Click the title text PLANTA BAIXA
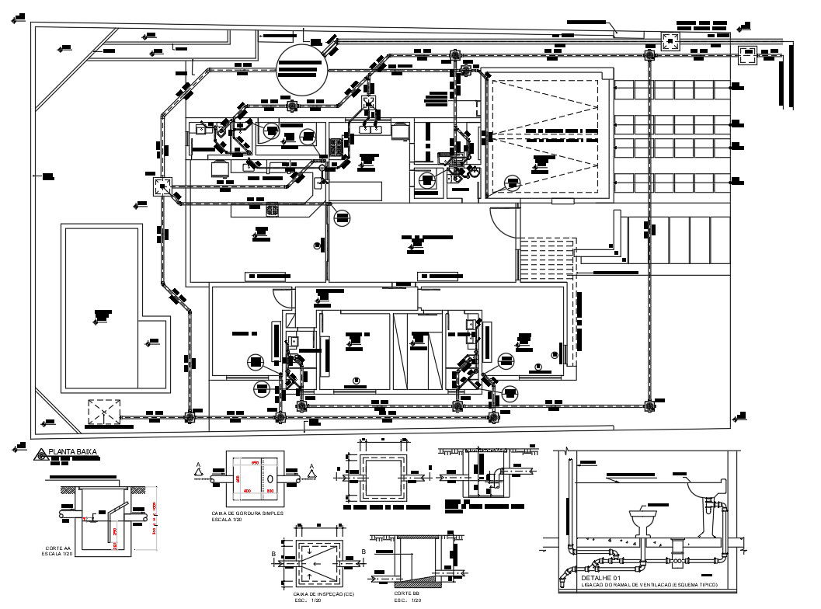[71, 451]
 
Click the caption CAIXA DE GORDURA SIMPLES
[246, 513]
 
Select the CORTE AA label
[58, 548]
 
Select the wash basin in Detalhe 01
[705, 489]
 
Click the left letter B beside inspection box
[274, 553]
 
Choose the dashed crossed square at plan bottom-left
[105, 412]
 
